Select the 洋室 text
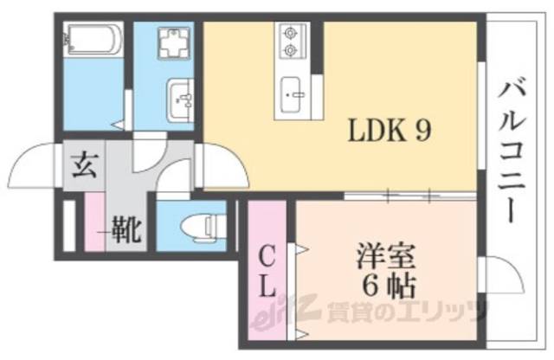click(x=386, y=257)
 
